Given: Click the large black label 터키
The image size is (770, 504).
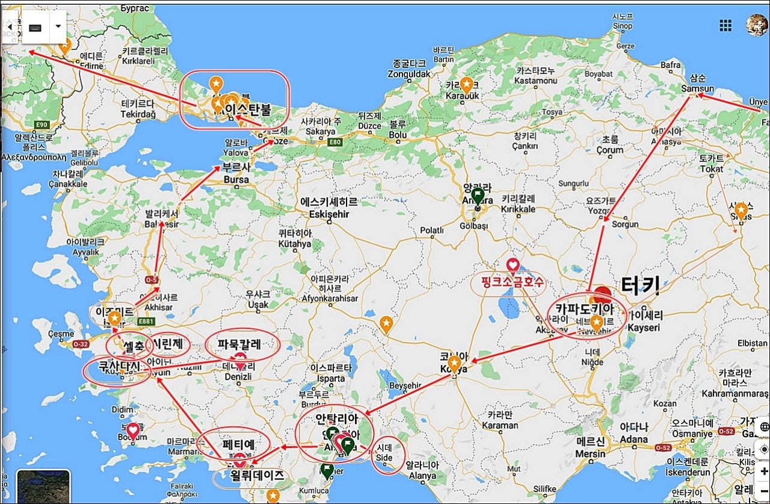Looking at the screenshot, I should [640, 285].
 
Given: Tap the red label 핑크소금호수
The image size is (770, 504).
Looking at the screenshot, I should [512, 281].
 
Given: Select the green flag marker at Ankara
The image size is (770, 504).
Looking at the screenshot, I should [478, 196].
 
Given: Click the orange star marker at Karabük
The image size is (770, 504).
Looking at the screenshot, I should [466, 85].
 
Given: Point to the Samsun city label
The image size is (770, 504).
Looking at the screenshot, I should [698, 89].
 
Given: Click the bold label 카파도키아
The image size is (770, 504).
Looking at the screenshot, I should [584, 310].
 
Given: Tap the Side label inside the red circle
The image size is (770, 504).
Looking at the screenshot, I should [384, 457].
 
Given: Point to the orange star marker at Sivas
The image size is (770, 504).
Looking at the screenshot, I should [741, 210].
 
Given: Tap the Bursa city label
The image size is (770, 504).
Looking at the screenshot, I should [236, 179].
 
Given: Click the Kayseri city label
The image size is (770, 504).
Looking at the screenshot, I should [643, 328].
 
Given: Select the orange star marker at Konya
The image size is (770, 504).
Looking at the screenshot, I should [455, 364].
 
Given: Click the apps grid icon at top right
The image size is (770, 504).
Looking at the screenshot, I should [725, 25].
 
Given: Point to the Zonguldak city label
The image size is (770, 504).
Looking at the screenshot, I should [409, 74].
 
